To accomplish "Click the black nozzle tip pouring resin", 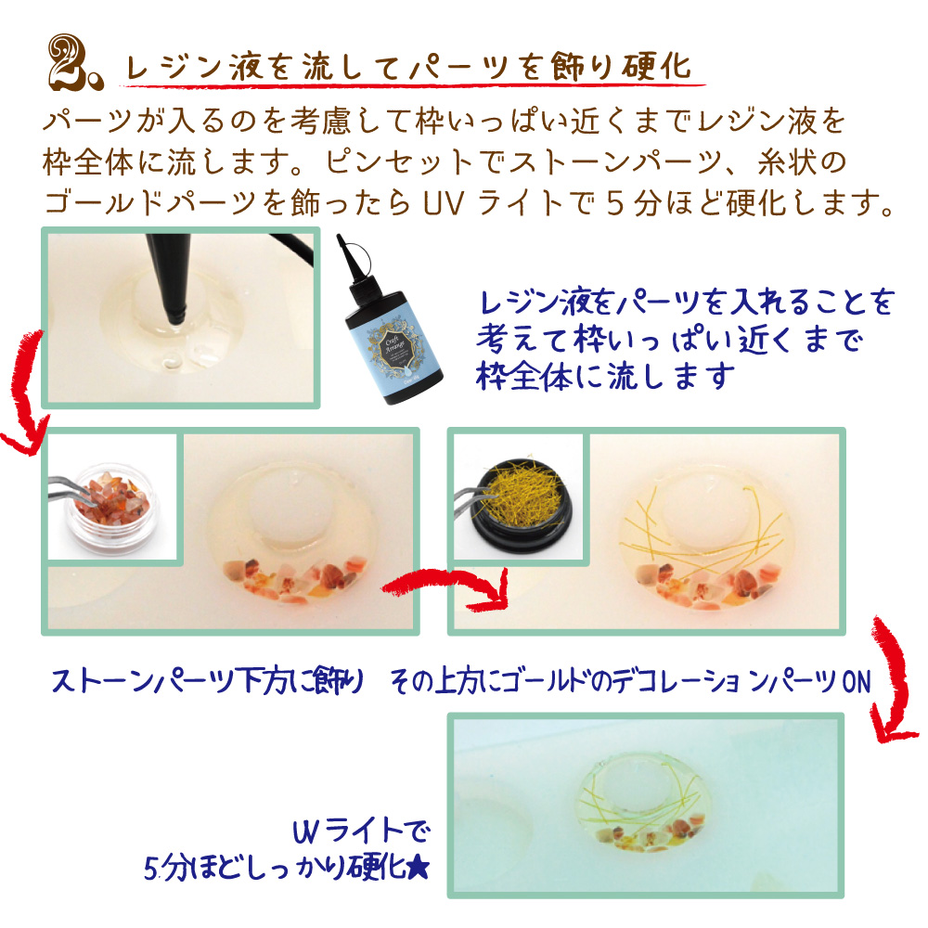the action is click(x=169, y=278).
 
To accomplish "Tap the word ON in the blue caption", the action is click(x=857, y=682).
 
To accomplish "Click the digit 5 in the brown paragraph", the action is click(x=615, y=203).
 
